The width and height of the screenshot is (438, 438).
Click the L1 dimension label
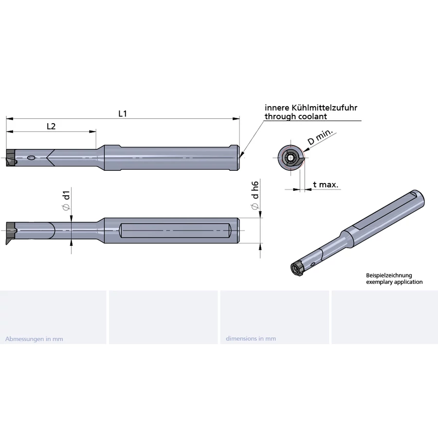pyautogui.click(x=123, y=114)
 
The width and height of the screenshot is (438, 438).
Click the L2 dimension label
pyautogui.click(x=51, y=127)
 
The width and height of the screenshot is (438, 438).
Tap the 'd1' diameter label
pyautogui.click(x=66, y=200)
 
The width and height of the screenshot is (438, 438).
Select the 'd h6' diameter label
pyautogui.click(x=255, y=195)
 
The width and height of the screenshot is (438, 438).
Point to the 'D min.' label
pyautogui.click(x=320, y=137)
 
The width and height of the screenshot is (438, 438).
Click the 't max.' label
pyautogui.click(x=326, y=184)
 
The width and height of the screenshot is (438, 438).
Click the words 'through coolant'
pyautogui.click(x=295, y=116)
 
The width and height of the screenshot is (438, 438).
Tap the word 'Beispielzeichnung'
pyautogui.click(x=389, y=275)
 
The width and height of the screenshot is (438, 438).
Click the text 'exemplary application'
pyautogui.click(x=394, y=282)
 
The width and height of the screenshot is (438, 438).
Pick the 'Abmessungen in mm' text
pyautogui.click(x=34, y=339)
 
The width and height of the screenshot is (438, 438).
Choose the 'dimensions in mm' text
pyautogui.click(x=251, y=339)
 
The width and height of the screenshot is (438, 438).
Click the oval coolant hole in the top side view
pyautogui.click(x=31, y=158)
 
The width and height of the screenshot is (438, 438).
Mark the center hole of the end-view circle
pyautogui.click(x=291, y=158)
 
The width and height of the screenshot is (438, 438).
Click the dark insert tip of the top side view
pyautogui.click(x=11, y=158)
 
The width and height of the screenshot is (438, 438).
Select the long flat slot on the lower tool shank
pyautogui.click(x=175, y=231)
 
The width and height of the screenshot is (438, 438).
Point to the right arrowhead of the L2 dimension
pyautogui.click(x=93, y=131)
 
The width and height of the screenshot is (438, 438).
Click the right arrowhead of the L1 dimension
pyautogui.click(x=236, y=119)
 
